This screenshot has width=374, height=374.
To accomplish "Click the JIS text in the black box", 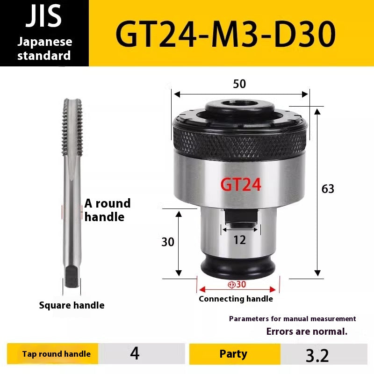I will click(44, 16).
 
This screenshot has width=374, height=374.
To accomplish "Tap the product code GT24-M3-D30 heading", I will click(225, 33).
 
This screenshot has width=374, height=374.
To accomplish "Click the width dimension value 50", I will click(239, 84).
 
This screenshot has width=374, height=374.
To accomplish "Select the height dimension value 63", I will click(328, 189).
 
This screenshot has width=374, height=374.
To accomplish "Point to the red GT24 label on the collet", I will click(240, 185).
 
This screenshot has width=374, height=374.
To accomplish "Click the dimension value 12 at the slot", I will click(239, 240).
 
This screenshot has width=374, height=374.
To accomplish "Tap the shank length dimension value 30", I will click(168, 242).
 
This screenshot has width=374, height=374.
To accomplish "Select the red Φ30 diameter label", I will click(237, 284).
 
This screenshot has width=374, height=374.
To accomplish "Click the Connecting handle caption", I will click(236, 299).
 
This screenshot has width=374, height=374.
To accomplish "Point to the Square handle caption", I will click(72, 305).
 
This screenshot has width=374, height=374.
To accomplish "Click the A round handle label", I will click(107, 210).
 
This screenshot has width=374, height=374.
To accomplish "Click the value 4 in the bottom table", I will click(135, 354).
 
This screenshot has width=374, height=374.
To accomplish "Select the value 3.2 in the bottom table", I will click(317, 355).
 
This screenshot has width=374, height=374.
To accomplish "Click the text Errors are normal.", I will click(307, 332).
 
